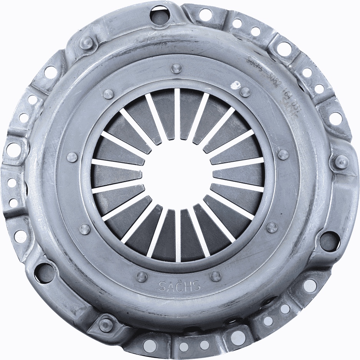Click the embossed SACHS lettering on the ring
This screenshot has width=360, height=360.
pos(180,286)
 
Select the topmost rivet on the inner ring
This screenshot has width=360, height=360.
pos(176,68)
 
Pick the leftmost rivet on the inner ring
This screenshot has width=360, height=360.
pos(72,157)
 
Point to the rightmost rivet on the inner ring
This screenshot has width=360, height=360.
pos(283,154)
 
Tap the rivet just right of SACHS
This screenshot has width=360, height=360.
pos(216,276)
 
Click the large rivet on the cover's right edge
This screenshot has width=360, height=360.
pos(341,162)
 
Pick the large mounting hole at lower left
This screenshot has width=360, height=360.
pos(43,272)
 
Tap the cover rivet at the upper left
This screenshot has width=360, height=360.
pos(87,42)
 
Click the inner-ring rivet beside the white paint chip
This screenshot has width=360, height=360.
pos(245,92)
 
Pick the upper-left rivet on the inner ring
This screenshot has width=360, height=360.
pos(108,94)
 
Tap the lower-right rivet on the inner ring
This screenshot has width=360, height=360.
pos(272,227)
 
